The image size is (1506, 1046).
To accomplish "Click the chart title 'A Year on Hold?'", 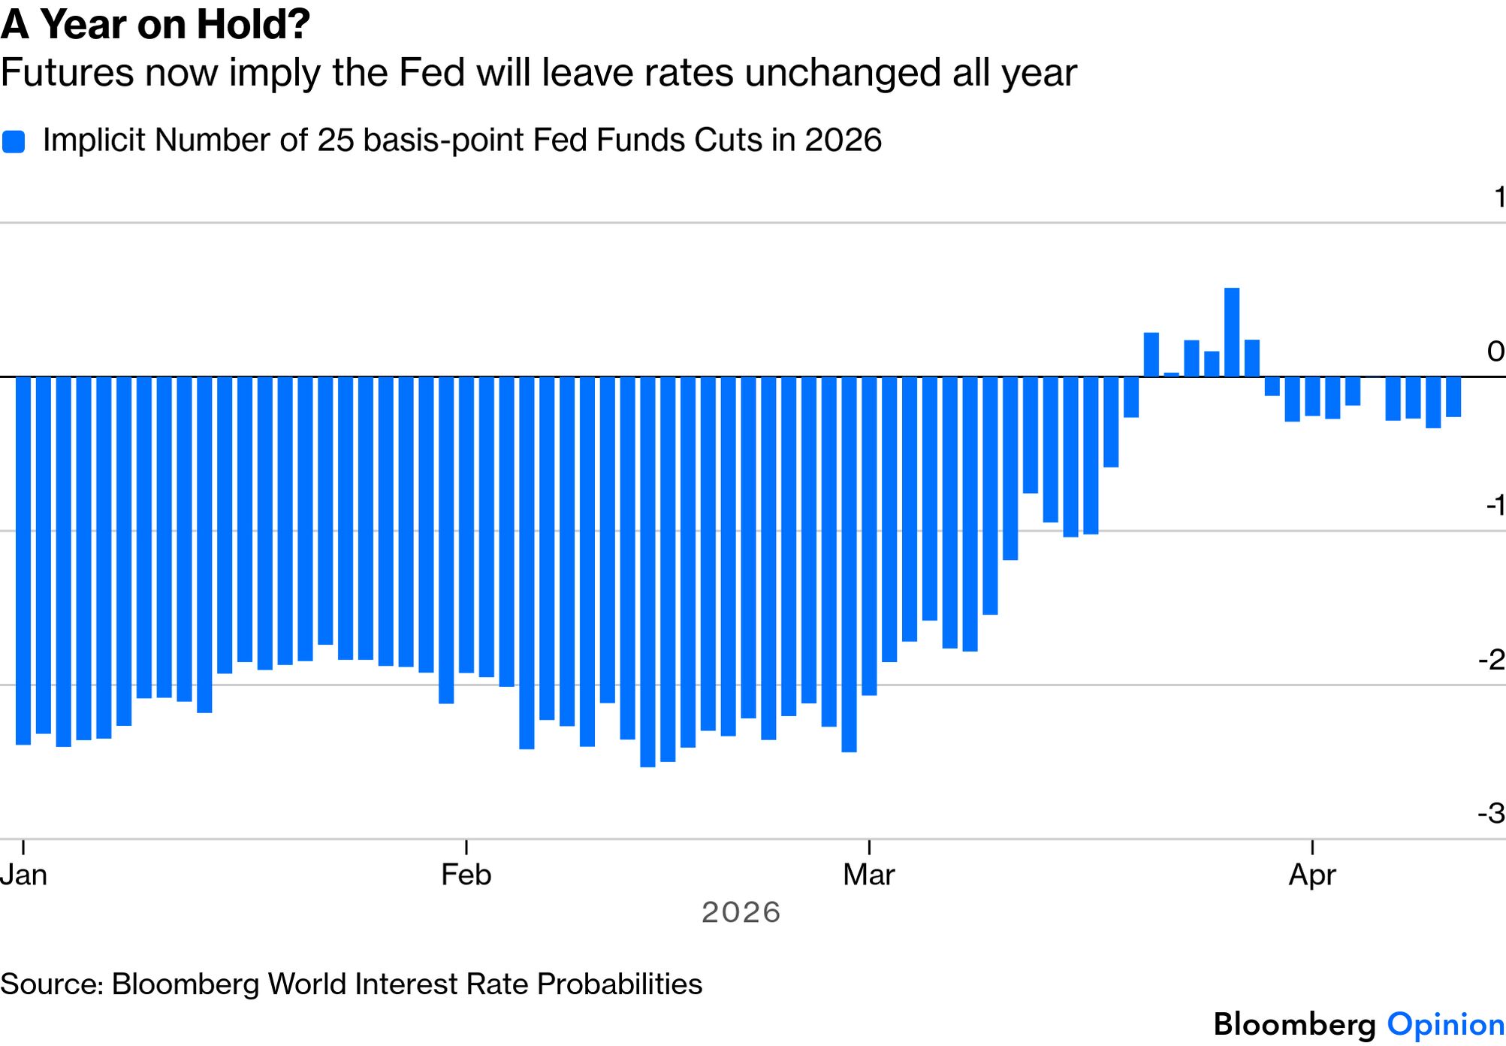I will (x=155, y=25).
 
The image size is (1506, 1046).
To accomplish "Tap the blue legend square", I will (x=14, y=141).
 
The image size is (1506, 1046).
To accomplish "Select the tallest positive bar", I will (x=1232, y=331).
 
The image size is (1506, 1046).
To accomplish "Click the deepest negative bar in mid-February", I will (x=647, y=571).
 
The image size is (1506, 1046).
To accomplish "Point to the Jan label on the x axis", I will (x=23, y=875).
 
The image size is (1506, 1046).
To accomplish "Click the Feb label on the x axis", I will (x=466, y=875).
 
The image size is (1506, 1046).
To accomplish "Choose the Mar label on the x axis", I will (x=869, y=875).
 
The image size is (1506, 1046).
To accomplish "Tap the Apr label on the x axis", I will (x=1312, y=875).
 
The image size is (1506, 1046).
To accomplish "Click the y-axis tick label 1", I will (x=1499, y=197).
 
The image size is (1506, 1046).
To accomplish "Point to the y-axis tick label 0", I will (x=1495, y=351).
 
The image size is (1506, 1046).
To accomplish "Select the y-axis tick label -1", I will (x=1495, y=505).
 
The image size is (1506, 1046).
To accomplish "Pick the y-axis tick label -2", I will (x=1492, y=660).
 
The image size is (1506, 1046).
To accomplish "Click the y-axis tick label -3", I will (x=1492, y=813).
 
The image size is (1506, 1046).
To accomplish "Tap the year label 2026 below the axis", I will (x=741, y=912).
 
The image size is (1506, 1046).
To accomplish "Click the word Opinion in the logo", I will (x=1445, y=1024).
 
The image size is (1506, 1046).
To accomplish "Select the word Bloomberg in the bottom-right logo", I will (x=1294, y=1024).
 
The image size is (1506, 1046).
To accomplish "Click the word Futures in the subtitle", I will (x=67, y=73).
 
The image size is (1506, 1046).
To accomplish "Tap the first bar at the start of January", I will (x=23, y=560).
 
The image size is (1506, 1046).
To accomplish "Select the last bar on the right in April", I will (x=1453, y=396).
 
